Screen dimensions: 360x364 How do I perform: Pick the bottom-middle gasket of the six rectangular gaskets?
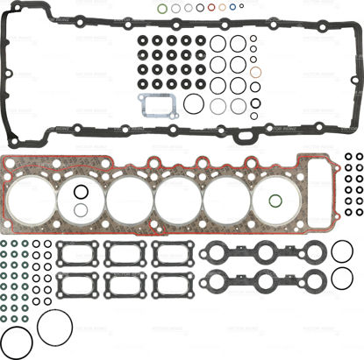(123, 285)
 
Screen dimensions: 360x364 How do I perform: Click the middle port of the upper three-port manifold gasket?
(264, 254)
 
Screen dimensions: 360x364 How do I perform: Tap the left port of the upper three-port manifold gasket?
(225, 254)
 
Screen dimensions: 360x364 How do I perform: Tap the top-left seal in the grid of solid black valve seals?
(142, 40)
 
